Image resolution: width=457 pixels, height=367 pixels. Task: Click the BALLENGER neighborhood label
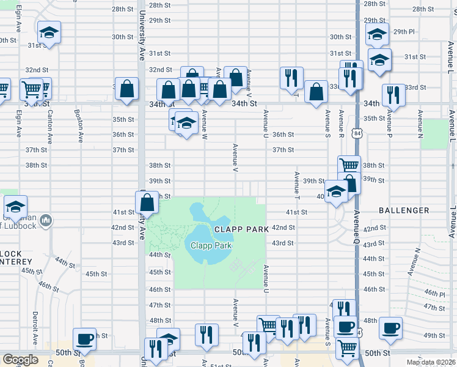click(x=404, y=210)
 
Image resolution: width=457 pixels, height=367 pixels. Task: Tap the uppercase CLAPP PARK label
click(x=242, y=229)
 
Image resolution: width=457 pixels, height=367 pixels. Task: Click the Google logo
click(x=20, y=360)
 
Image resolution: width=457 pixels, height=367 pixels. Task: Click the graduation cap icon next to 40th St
click(x=336, y=191)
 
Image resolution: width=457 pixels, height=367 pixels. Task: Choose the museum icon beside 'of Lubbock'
click(x=48, y=221)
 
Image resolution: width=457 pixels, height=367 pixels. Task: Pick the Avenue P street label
click(x=388, y=124)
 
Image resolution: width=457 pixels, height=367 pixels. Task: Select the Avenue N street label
click(x=420, y=124)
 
